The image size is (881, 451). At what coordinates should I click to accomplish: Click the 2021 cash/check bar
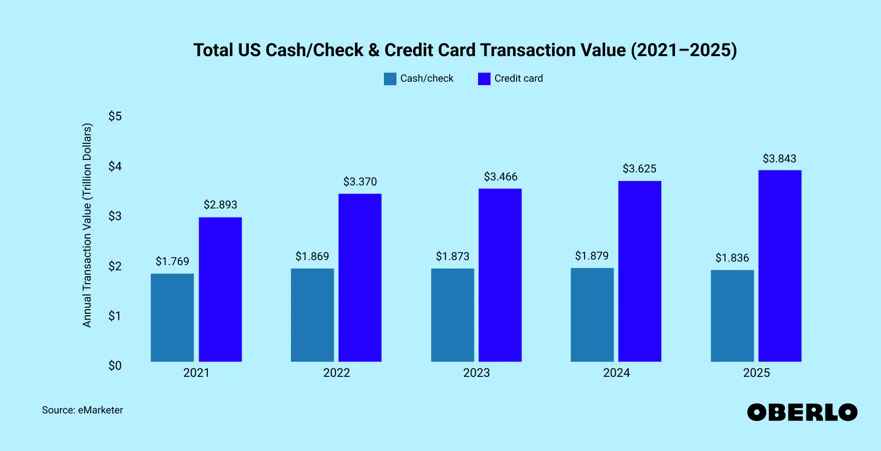(172, 317)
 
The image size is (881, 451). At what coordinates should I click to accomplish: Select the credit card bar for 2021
(220, 289)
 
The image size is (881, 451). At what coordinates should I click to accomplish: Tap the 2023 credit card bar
(500, 275)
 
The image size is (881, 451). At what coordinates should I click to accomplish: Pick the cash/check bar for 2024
(592, 315)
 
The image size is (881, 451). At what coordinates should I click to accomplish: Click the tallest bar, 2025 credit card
(780, 266)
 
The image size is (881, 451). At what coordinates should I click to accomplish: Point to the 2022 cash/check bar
(312, 315)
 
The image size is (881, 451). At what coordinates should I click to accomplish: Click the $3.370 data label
(360, 181)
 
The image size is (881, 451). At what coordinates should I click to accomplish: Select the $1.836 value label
(732, 258)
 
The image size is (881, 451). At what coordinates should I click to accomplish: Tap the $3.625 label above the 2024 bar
(639, 168)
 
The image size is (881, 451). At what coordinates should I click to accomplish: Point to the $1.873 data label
(453, 256)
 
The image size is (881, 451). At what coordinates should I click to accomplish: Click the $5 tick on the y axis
(115, 116)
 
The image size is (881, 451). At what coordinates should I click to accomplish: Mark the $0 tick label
(115, 366)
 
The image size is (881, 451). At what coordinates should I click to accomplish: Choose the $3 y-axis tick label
(115, 216)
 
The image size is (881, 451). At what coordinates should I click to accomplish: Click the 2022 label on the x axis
(336, 373)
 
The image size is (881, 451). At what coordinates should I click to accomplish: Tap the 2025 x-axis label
(756, 373)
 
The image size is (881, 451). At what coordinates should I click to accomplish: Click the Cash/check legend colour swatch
(390, 79)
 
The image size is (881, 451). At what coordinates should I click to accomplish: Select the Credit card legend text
(519, 79)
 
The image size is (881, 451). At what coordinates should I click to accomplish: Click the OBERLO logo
(802, 412)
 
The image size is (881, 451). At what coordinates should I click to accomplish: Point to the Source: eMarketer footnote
(83, 410)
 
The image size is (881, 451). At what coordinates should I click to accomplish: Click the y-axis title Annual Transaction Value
(87, 225)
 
